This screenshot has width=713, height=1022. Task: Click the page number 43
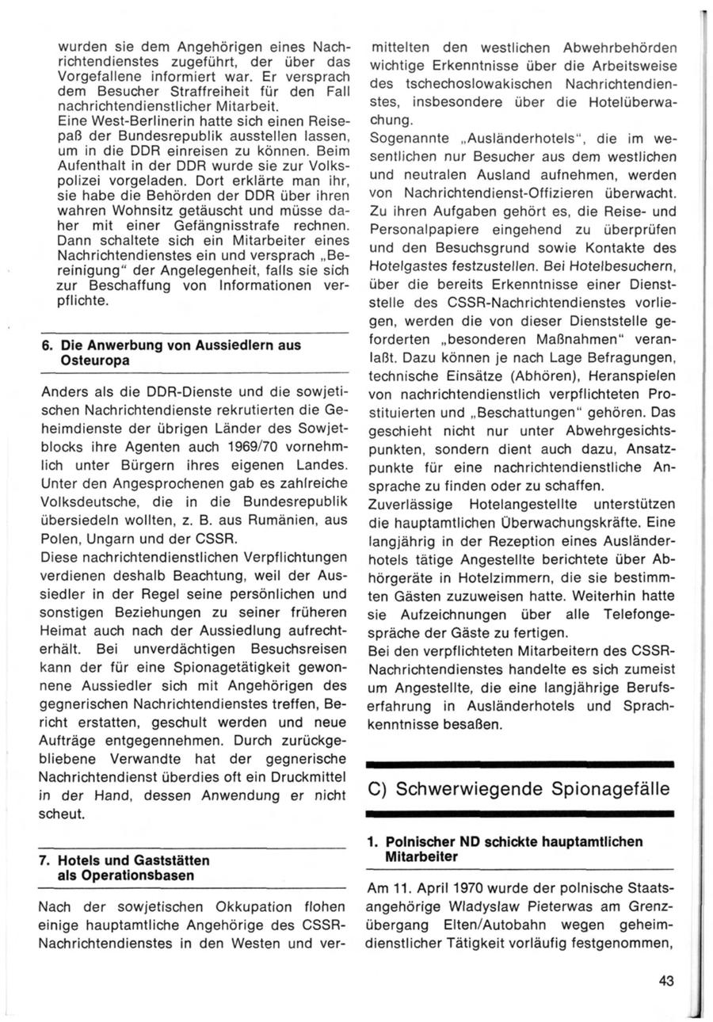pos(665,981)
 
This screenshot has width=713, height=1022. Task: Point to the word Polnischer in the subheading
pos(419,841)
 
